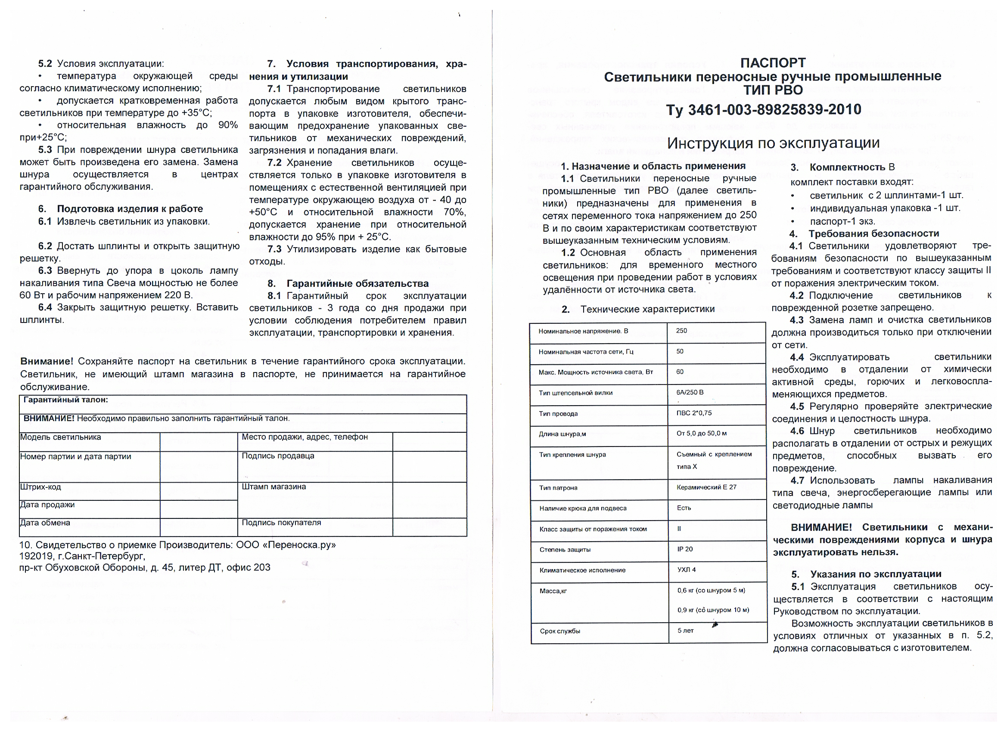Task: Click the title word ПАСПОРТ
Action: [773, 62]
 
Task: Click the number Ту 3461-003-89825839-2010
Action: [764, 110]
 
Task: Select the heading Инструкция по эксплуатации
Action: [773, 143]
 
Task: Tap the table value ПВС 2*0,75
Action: [694, 413]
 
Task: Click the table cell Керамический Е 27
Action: [706, 487]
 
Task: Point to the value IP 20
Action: [685, 549]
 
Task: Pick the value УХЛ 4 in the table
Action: [687, 570]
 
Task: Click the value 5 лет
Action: [686, 630]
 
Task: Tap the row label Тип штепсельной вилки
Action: [575, 393]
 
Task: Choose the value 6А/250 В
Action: [690, 392]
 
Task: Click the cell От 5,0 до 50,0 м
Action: [702, 433]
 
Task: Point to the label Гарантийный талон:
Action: [66, 400]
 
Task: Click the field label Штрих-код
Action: [40, 487]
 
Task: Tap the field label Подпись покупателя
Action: [281, 522]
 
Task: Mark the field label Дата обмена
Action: [45, 522]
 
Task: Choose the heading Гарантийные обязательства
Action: [357, 284]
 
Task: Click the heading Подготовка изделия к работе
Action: [130, 209]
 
